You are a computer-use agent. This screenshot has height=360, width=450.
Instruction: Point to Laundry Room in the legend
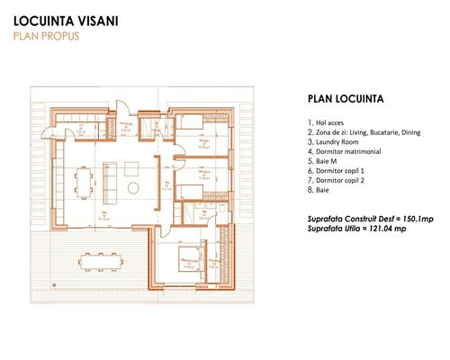click(x=334, y=141)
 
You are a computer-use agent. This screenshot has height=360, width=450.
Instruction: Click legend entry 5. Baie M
click(x=322, y=161)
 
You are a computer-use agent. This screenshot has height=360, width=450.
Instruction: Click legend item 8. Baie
click(x=318, y=191)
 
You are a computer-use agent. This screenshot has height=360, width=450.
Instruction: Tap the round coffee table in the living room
click(x=133, y=186)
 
